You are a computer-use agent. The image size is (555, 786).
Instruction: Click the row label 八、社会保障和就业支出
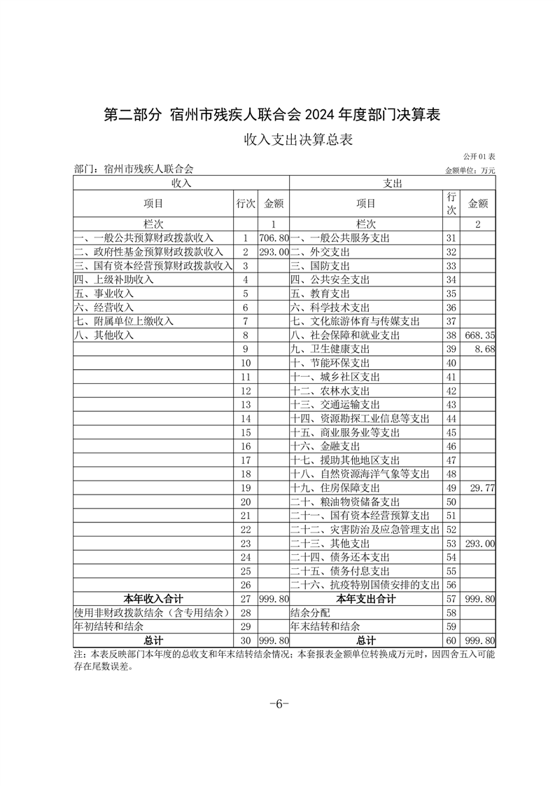[345, 336]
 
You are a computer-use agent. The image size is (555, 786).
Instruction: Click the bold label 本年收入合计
[153, 598]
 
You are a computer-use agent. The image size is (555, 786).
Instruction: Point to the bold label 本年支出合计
[365, 598]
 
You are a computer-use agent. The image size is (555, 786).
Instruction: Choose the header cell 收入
[181, 183]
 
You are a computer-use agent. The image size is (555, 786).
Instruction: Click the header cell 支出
[392, 183]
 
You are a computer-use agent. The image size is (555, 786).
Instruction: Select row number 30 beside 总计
[245, 640]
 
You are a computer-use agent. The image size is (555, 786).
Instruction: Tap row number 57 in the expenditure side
[451, 598]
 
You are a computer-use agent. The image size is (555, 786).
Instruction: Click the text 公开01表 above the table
[479, 157]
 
